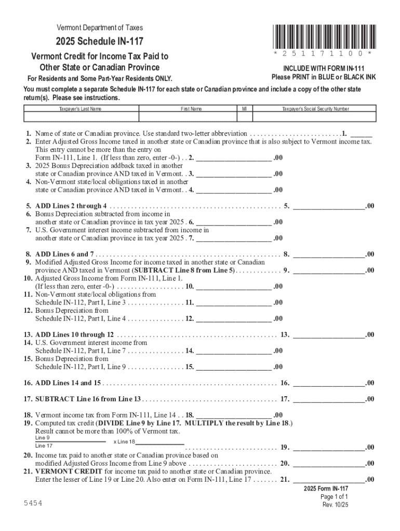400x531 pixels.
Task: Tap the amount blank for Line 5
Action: coord(329,206)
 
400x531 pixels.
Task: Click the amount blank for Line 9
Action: coord(329,270)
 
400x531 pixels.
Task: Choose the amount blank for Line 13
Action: coord(329,334)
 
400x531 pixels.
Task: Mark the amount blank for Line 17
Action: coord(329,399)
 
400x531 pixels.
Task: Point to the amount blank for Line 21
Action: coord(329,480)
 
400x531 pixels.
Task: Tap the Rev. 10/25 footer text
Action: coord(335,505)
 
